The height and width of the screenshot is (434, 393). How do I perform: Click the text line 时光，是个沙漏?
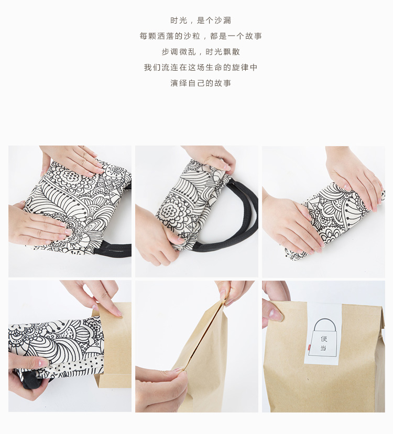201,20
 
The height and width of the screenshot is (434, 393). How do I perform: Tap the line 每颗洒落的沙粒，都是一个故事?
201,36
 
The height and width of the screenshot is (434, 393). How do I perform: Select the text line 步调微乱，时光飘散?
201,52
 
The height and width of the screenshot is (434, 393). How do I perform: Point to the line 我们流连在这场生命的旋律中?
201,67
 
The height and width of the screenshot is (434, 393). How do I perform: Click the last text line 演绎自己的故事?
201,83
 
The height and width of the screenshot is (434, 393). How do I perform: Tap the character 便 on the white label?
323,339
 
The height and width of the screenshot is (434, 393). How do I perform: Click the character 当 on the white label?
323,348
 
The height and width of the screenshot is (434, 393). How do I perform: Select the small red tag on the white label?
309,346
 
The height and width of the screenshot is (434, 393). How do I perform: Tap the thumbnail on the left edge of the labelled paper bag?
275,315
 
